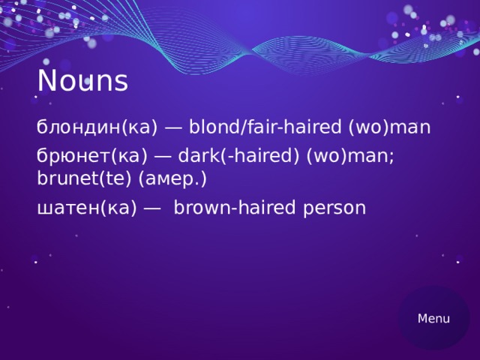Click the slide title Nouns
pyautogui.click(x=82, y=81)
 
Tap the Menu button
pyautogui.click(x=433, y=319)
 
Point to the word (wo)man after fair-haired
pyautogui.click(x=389, y=127)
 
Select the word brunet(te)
pyautogui.click(x=85, y=179)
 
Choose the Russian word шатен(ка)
pyautogui.click(x=87, y=208)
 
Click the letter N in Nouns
pyautogui.click(x=46, y=81)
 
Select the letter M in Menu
pyautogui.click(x=423, y=319)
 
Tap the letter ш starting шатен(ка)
pyautogui.click(x=43, y=208)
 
